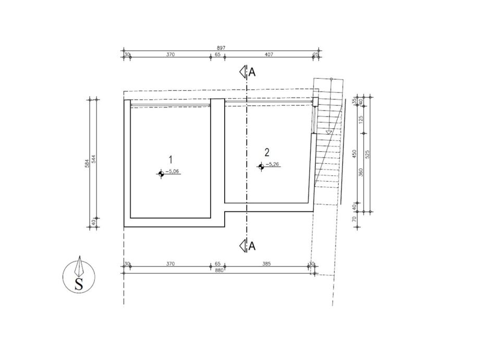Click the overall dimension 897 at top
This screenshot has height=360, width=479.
pos(221,47)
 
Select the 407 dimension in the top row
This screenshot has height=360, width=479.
pos(269,54)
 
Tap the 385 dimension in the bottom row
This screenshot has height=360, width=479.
pos(266,263)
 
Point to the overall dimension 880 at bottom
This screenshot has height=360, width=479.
pos(219,270)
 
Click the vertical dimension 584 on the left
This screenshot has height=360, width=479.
pos(87,163)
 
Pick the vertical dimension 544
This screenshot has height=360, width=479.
pos(94,159)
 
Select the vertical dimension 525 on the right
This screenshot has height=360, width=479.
pos(367,154)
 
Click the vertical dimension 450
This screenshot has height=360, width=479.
pos(354,154)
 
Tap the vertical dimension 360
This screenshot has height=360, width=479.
pos(361,172)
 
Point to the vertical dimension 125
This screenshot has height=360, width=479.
pos(361,119)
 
